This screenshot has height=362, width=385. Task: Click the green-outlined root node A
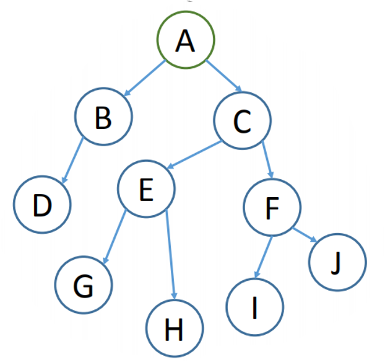(x=186, y=40)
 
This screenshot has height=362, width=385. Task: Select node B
(x=103, y=118)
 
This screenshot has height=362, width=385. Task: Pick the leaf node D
(x=42, y=205)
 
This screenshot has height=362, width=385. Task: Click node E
(x=146, y=189)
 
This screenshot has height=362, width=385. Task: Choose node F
(x=272, y=208)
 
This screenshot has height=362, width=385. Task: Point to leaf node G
(x=84, y=285)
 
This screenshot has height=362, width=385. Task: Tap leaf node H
(x=175, y=330)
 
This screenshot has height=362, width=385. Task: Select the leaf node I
(x=255, y=306)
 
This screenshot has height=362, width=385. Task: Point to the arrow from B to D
(x=72, y=159)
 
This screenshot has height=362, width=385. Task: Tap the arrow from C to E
(x=195, y=155)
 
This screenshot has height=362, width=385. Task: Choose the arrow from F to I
(x=264, y=256)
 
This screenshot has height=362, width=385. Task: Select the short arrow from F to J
(x=304, y=236)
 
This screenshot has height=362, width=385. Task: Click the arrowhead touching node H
(x=174, y=294)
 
